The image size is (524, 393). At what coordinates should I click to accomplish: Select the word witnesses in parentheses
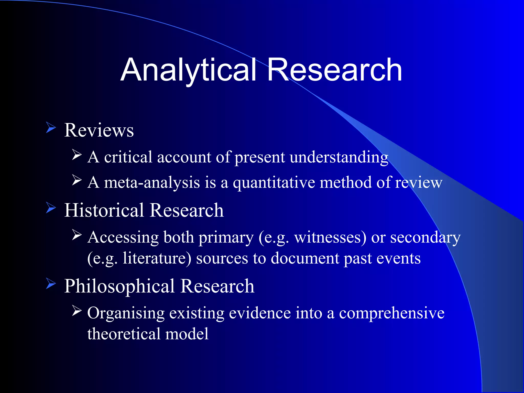[x=330, y=237]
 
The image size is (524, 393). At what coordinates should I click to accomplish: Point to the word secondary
[x=425, y=237]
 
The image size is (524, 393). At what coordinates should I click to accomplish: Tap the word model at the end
[x=187, y=334]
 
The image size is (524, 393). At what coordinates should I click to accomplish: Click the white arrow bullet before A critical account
[x=77, y=155]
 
